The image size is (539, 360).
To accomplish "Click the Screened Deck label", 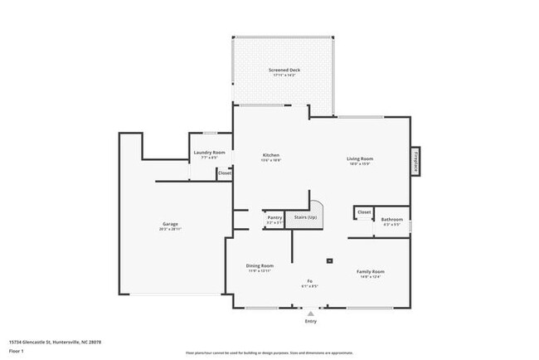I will click(284, 71).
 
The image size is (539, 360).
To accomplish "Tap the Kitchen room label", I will click(271, 155).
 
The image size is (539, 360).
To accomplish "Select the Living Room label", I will click(359, 159).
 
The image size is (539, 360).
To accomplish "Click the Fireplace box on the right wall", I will click(415, 161).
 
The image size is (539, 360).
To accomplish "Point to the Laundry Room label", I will click(209, 153).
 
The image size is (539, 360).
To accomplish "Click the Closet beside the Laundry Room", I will click(224, 173).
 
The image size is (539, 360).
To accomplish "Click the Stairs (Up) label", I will click(306, 217).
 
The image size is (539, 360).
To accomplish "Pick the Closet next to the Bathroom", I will click(364, 212).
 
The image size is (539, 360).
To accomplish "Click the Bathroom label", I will click(392, 219).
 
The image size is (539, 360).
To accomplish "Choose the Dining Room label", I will click(260, 266).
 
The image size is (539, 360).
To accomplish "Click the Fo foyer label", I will click(310, 280).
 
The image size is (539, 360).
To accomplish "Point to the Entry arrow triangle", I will click(310, 315).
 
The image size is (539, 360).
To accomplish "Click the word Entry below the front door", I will click(310, 323).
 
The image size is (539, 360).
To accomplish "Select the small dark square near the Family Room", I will click(330, 260).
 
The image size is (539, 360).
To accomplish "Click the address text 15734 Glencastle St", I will click(49, 341).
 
